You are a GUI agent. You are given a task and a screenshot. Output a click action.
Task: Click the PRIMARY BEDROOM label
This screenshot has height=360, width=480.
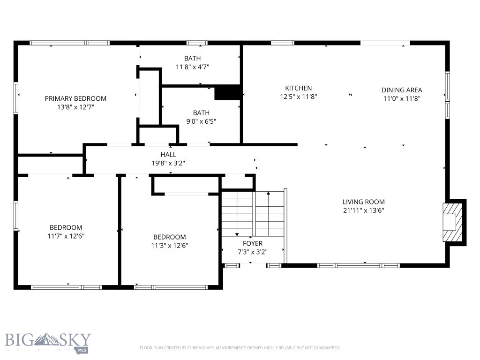[x=75, y=98]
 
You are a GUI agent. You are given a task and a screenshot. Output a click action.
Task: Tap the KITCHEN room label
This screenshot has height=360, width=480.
[x=298, y=88]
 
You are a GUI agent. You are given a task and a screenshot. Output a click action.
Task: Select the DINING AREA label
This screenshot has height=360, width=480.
[x=401, y=90]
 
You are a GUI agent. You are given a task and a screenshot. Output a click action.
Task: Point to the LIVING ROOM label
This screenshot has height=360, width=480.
[x=363, y=202]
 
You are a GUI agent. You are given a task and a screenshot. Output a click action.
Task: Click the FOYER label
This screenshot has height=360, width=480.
[x=252, y=243]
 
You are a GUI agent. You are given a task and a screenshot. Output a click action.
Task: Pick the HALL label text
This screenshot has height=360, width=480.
[x=168, y=154]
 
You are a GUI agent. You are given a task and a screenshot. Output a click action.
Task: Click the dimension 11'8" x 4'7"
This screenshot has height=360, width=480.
[x=192, y=67]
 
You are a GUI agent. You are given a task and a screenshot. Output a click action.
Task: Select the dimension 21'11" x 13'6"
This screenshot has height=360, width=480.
[x=363, y=210]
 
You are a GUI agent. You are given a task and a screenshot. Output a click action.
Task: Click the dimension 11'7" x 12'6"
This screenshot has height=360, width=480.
[x=66, y=236]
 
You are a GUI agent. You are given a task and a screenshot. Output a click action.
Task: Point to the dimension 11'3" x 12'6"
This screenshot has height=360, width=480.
[x=169, y=246]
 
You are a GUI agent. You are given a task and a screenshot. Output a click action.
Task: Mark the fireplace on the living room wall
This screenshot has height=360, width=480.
[x=452, y=222]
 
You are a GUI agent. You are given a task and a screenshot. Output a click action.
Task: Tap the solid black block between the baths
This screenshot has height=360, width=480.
[x=227, y=93]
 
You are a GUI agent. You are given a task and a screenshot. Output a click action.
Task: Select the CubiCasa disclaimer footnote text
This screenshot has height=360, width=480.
[x=240, y=348]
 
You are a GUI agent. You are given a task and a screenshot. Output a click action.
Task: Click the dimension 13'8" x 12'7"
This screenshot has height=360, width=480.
[x=75, y=107]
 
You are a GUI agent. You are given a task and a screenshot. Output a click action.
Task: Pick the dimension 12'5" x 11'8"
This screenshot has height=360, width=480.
[x=298, y=97]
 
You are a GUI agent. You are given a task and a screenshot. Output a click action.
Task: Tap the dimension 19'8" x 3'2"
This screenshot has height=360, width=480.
[x=168, y=163]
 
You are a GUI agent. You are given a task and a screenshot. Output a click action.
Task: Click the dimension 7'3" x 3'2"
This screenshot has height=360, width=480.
[x=252, y=252]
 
